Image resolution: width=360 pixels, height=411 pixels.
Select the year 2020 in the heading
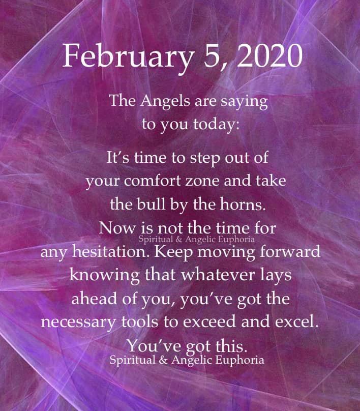pos(270,56)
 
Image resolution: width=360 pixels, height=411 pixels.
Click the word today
pos(216,125)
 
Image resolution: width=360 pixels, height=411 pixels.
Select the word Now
pos(117,228)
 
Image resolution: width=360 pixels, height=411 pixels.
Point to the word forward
pos(290,251)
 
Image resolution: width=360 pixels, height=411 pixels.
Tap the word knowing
pos(104,276)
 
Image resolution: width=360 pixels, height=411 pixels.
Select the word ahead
pos(94,299)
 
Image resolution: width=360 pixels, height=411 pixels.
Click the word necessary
pos(78,322)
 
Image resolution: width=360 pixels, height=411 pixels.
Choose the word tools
pos(140,321)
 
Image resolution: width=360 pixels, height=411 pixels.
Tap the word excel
pos(296,321)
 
